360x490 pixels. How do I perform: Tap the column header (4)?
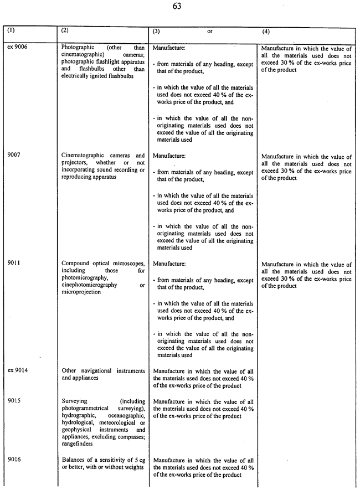(x=265, y=31)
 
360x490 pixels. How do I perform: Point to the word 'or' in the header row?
(x=210, y=32)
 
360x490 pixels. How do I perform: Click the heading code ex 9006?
(x=18, y=47)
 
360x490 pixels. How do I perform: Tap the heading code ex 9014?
(x=18, y=370)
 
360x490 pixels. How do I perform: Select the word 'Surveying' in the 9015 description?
(x=75, y=401)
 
